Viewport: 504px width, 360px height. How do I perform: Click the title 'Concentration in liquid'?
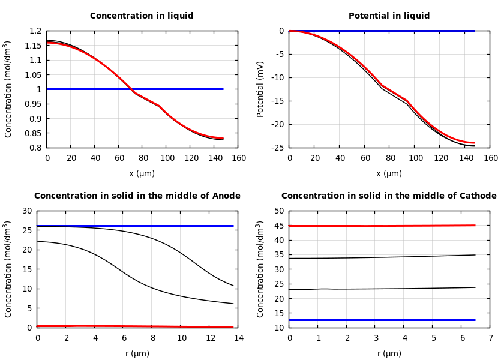[x=142, y=16]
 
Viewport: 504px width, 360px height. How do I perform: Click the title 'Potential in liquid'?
[x=389, y=16]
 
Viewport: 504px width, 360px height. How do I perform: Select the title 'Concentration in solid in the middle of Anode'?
[x=137, y=196]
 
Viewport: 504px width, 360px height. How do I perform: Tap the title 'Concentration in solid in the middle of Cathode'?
[x=389, y=196]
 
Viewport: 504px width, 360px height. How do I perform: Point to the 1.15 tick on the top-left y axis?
[x=35, y=46]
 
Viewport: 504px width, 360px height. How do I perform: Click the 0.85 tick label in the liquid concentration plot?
[x=35, y=133]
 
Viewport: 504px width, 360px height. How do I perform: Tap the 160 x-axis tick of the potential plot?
[x=490, y=158]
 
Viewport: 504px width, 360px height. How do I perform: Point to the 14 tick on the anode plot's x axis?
[x=238, y=338]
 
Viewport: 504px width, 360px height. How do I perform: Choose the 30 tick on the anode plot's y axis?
[x=26, y=211]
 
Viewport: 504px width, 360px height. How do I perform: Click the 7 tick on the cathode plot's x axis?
[x=490, y=338]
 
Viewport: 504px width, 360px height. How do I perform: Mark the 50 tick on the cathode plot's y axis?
[x=278, y=211]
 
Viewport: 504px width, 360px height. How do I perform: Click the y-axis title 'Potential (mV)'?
[x=260, y=89]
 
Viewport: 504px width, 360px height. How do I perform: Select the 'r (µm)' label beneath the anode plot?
[x=137, y=353]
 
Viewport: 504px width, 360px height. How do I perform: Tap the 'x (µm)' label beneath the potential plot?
[x=389, y=173]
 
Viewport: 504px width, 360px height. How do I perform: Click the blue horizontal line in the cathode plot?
[x=384, y=320]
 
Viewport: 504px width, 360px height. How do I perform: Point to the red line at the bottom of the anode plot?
[x=132, y=326]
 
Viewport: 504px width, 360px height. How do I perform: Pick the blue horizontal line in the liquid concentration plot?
[x=180, y=89]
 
